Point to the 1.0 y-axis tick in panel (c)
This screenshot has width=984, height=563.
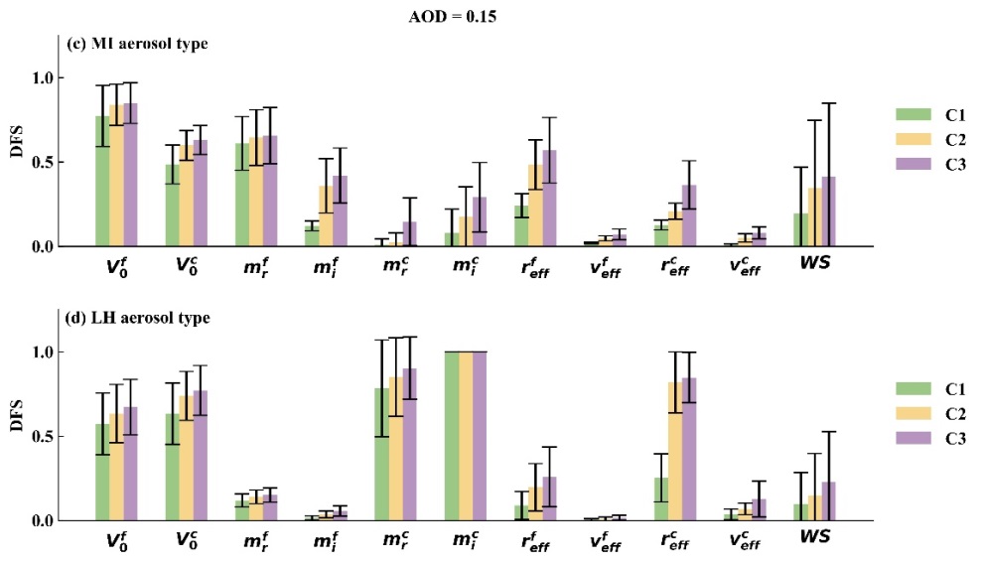pos(48,77)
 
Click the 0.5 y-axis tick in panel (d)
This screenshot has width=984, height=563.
pos(48,437)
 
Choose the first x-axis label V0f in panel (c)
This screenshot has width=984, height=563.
pos(116,266)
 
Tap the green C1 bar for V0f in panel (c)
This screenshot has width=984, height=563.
pos(102,181)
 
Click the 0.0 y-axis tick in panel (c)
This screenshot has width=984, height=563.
pos(48,246)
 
